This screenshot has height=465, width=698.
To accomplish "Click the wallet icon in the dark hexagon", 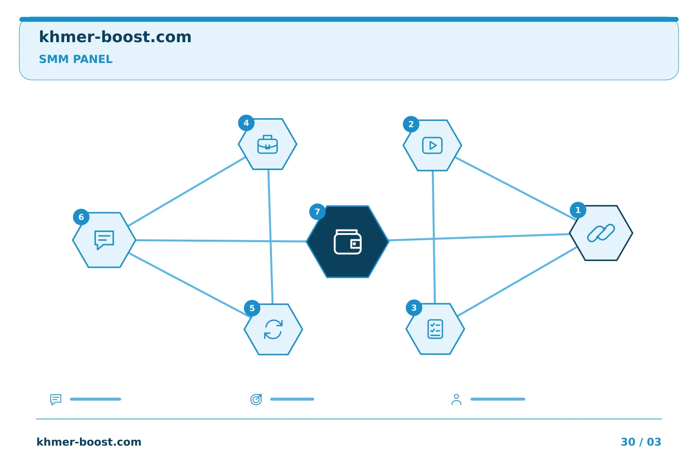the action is click(x=348, y=242).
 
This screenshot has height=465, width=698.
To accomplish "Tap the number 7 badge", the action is click(x=317, y=212).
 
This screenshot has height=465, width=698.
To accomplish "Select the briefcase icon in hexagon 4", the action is click(x=268, y=144).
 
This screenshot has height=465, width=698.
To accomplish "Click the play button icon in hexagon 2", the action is click(x=432, y=145).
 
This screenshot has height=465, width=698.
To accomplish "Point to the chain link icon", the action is click(x=601, y=233).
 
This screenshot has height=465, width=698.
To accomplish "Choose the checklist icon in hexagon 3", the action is click(x=435, y=329).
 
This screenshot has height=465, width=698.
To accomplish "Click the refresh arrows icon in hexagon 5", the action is click(x=273, y=329).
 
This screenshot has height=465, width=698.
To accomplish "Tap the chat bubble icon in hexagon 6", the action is click(x=104, y=240).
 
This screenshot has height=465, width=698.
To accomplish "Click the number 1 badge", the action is click(x=578, y=210).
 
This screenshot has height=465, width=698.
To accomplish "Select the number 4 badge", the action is click(x=246, y=123).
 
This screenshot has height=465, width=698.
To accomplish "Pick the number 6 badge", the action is click(x=81, y=217).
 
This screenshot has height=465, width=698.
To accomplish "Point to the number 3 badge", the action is click(x=414, y=308).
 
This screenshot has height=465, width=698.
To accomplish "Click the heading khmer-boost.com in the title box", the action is click(x=115, y=37).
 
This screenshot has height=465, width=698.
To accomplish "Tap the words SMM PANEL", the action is click(x=76, y=59).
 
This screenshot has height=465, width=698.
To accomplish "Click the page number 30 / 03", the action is click(x=641, y=442).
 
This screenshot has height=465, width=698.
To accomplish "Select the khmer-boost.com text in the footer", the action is click(x=89, y=442).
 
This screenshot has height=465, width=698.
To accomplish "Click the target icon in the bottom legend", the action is click(x=256, y=399).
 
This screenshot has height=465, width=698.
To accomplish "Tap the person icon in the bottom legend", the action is click(x=456, y=399).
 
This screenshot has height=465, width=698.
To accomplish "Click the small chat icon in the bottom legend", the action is click(x=56, y=399).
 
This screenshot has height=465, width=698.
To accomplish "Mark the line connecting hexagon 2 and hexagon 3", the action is click(x=434, y=237).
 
